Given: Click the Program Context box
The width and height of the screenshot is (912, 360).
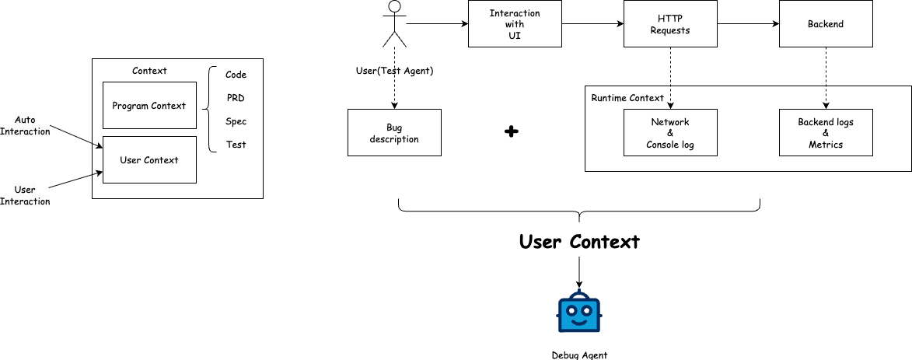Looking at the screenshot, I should (x=149, y=105).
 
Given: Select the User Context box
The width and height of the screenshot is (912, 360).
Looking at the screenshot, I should (x=149, y=160).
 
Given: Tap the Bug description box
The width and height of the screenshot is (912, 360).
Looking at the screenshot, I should (x=394, y=133).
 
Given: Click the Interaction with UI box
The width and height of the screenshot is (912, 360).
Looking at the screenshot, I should (x=515, y=24).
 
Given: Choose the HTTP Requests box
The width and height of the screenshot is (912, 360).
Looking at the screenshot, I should (x=670, y=24).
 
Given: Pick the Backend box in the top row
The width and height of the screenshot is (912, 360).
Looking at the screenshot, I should (x=826, y=24).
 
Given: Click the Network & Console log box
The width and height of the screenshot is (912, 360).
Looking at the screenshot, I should (x=670, y=133).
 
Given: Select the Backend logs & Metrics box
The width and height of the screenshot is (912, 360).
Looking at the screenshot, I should (x=826, y=133).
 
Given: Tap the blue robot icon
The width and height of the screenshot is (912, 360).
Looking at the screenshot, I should (x=579, y=311).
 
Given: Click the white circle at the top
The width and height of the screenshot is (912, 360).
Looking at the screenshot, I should (x=394, y=7).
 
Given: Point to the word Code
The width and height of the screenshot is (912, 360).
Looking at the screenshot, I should (x=236, y=75).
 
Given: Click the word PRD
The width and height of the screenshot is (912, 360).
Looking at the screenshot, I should (x=236, y=98).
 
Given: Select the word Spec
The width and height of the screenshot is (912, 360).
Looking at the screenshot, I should (x=236, y=121).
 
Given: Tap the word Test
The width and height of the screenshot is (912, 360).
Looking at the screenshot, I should (x=236, y=145).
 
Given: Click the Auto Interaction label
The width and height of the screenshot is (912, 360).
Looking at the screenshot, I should (x=25, y=125).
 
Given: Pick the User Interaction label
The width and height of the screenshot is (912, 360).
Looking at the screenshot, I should (x=25, y=195).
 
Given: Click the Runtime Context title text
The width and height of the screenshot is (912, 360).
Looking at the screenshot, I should (x=627, y=98).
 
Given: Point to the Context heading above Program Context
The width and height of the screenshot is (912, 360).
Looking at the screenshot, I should (x=149, y=71).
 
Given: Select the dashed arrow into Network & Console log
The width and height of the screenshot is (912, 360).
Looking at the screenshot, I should (x=670, y=97).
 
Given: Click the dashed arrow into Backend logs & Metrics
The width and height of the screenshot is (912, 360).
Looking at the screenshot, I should (x=826, y=97).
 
